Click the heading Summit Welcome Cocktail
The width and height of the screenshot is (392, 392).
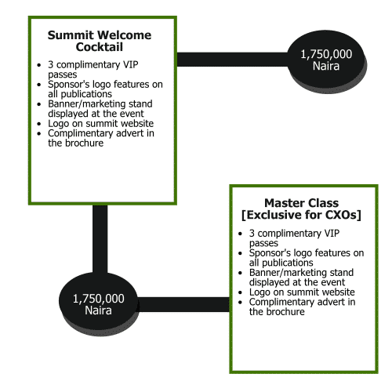100,41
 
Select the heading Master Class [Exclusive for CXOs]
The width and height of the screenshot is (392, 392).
301,209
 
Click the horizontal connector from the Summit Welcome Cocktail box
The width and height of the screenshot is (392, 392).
232,60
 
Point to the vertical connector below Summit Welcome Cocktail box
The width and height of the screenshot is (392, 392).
100,239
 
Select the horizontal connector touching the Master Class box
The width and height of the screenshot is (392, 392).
183,304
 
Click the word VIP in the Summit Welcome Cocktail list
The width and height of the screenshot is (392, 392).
130,64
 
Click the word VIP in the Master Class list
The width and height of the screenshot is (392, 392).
332,233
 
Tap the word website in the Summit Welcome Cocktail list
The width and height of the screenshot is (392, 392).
137,123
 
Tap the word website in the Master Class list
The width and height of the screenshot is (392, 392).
339,292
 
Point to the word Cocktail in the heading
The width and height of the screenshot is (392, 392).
100,47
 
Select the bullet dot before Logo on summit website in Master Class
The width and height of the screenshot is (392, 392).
241,292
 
